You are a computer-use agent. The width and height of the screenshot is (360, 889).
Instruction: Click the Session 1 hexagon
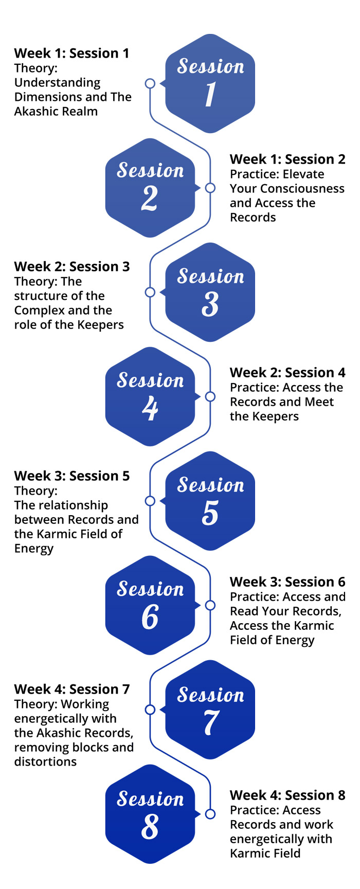tap(210, 83)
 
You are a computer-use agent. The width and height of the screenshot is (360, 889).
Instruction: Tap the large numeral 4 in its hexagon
tap(150, 408)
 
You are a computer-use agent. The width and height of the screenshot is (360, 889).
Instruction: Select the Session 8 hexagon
tap(150, 814)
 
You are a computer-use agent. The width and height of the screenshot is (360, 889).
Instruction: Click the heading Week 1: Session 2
tap(287, 159)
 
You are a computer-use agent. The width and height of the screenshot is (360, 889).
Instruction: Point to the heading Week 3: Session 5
tap(72, 476)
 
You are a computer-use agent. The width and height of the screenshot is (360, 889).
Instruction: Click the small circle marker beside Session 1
tap(150, 83)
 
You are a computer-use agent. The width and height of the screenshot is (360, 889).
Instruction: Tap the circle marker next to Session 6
tap(210, 605)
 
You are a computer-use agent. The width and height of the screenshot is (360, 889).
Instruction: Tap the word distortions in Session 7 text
tap(45, 761)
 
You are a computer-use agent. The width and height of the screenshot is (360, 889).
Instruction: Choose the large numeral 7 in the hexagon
tap(210, 722)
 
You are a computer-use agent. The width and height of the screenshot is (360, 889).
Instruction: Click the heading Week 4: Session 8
tap(287, 795)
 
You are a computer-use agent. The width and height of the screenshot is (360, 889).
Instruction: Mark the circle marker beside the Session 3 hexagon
tap(150, 292)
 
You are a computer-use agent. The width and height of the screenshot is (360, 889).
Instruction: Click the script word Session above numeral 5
tap(211, 485)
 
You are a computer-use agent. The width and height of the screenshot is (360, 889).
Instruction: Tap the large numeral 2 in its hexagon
tap(150, 198)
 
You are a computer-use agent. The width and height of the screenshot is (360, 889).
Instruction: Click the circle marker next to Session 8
tap(210, 814)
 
